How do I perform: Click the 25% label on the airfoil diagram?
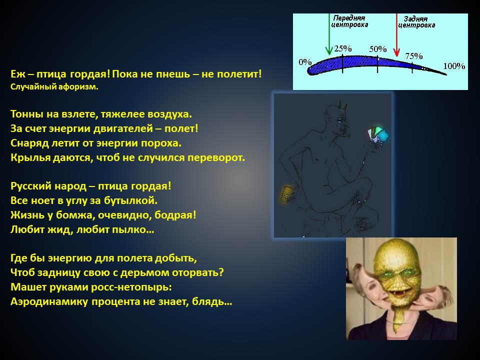click(343, 48)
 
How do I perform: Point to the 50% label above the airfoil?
click(378, 49)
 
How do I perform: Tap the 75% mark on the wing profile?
click(414, 56)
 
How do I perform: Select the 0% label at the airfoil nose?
click(305, 62)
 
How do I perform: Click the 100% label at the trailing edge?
click(454, 66)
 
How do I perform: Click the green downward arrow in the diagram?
click(329, 34)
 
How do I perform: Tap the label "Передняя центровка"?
click(349, 21)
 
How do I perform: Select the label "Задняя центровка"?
click(416, 22)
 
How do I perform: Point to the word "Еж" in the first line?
click(16, 74)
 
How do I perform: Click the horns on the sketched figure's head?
click(342, 106)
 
